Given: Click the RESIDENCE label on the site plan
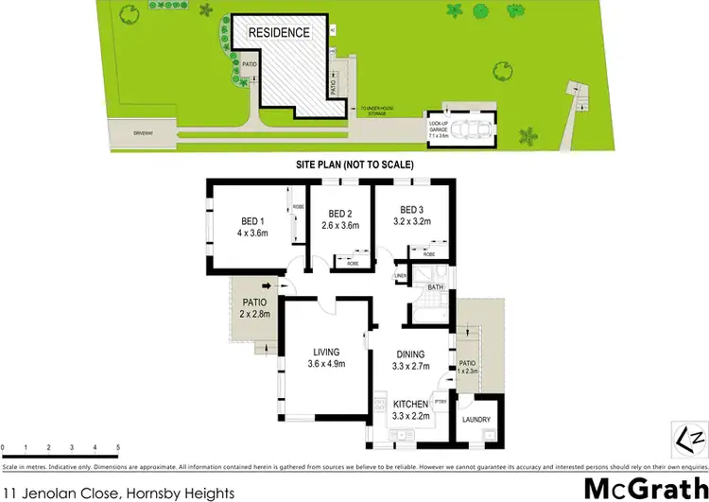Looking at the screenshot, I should tap(279, 32).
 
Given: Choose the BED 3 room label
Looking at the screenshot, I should tap(410, 210).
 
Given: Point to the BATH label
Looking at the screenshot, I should tap(436, 286).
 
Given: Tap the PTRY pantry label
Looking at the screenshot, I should tap(440, 401).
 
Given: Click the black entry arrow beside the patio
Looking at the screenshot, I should tap(268, 284).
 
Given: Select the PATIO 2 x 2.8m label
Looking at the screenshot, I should tap(255, 308).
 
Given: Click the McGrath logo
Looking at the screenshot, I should tap(641, 487).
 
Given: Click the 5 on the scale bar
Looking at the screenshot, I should tap(118, 446).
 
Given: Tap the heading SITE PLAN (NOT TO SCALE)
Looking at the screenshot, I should tap(354, 164).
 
